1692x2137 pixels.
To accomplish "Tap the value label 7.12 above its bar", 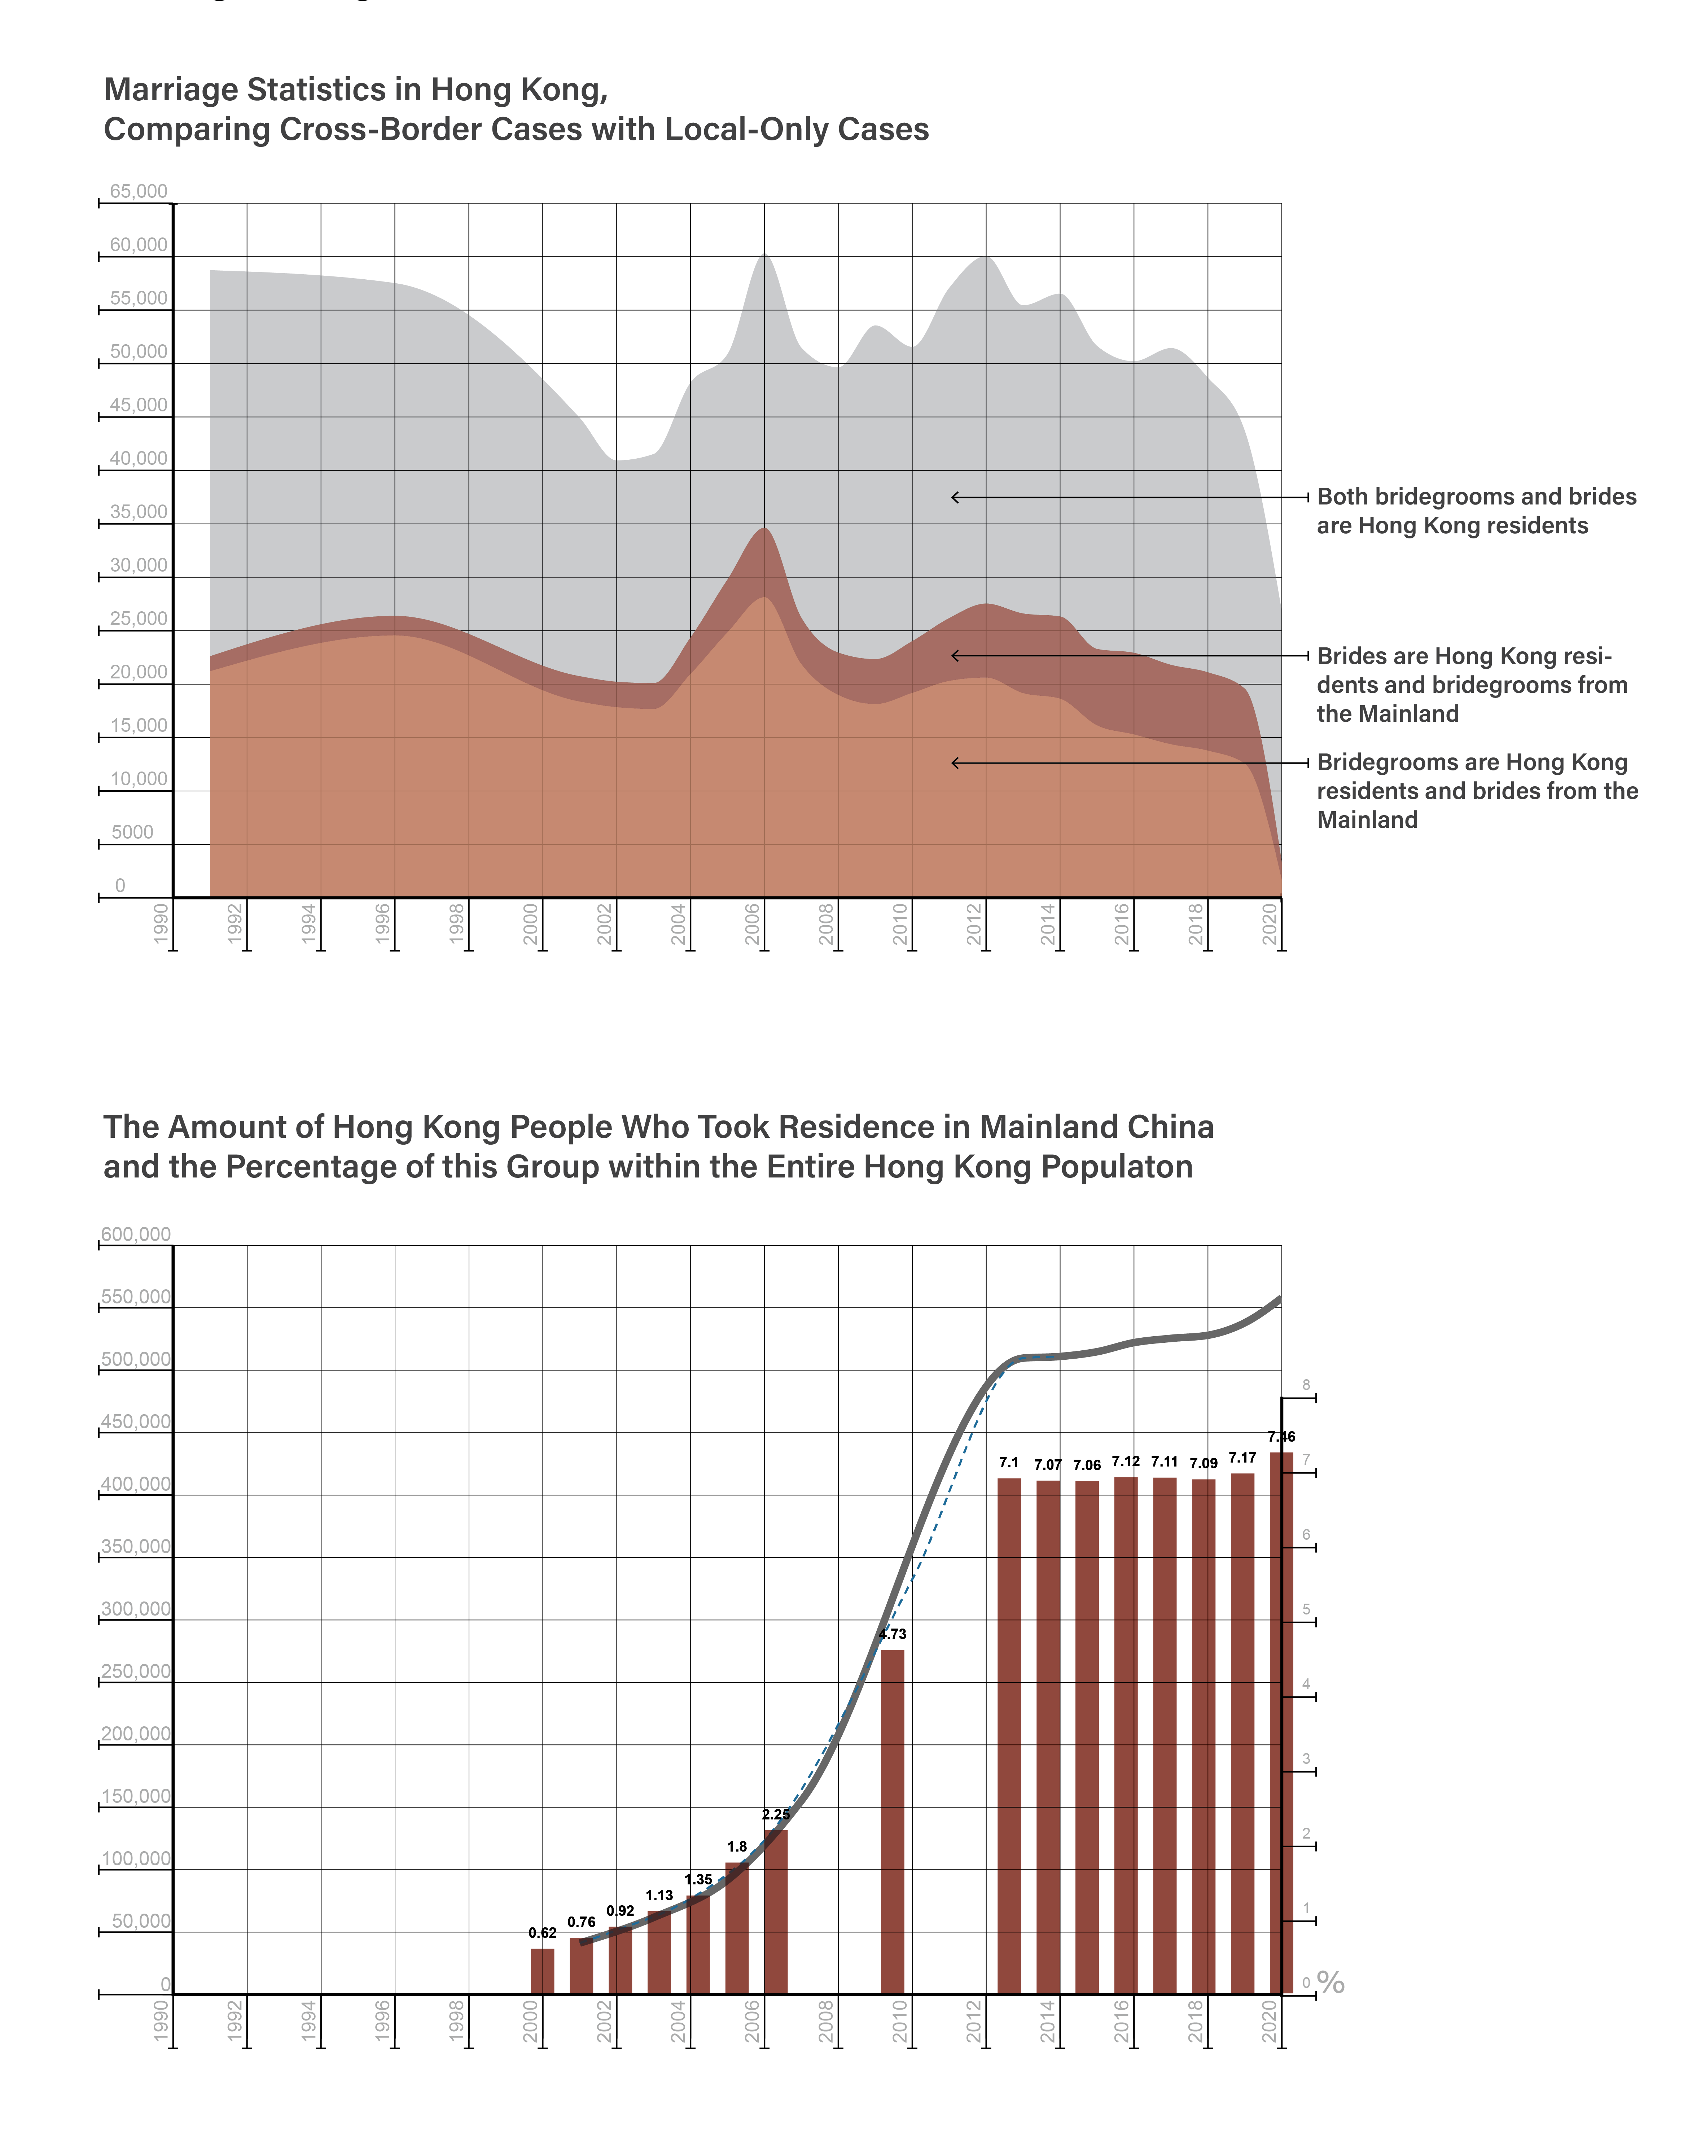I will pyautogui.click(x=1125, y=1461).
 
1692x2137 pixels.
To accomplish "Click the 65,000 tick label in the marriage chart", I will pyautogui.click(x=139, y=191).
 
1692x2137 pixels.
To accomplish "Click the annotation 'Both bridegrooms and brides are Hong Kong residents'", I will pyautogui.click(x=1476, y=511).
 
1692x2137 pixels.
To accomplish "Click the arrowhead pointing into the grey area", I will pyautogui.click(x=955, y=497).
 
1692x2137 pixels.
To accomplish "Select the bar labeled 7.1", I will pyautogui.click(x=1008, y=1736).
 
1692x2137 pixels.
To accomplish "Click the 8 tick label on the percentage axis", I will pyautogui.click(x=1306, y=1385).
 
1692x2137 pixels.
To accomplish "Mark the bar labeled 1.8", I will pyautogui.click(x=737, y=1928).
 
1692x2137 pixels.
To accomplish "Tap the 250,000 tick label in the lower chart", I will pyautogui.click(x=136, y=1671).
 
